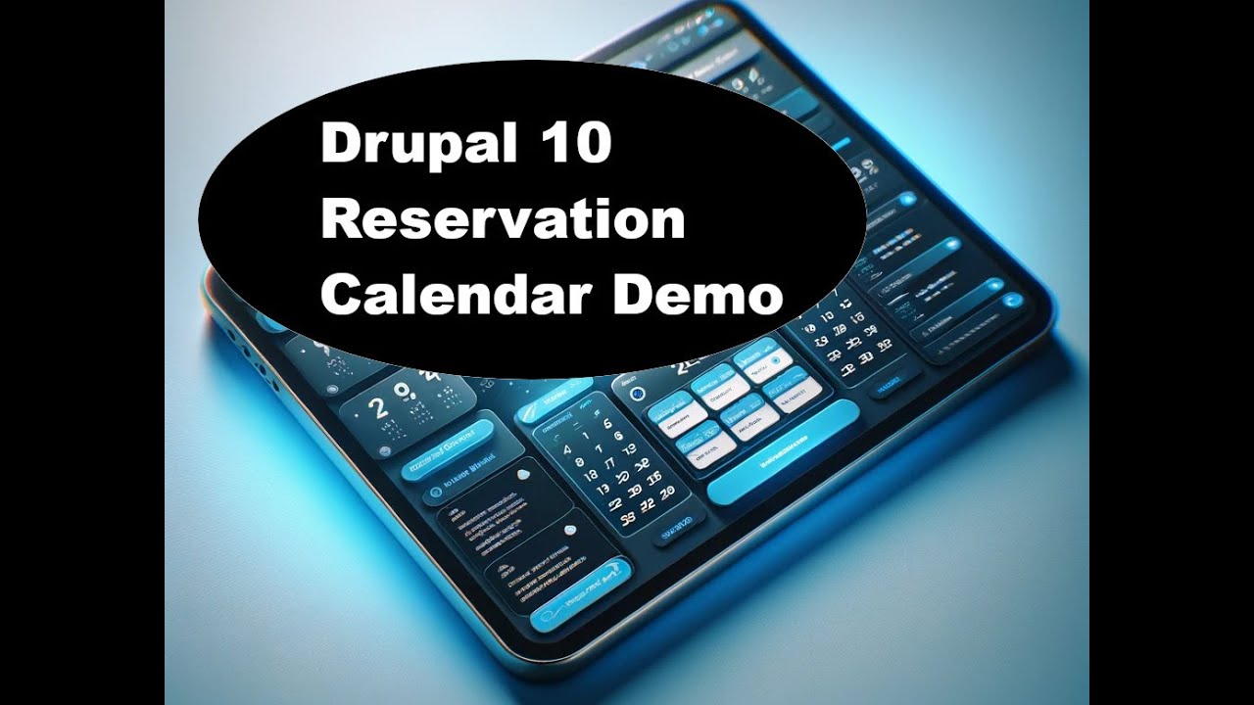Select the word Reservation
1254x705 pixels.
[503, 220]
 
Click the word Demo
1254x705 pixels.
[698, 294]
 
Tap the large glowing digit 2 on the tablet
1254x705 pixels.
[375, 404]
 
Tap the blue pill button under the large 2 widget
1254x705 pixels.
[446, 446]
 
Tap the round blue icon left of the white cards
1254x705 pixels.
[638, 395]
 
